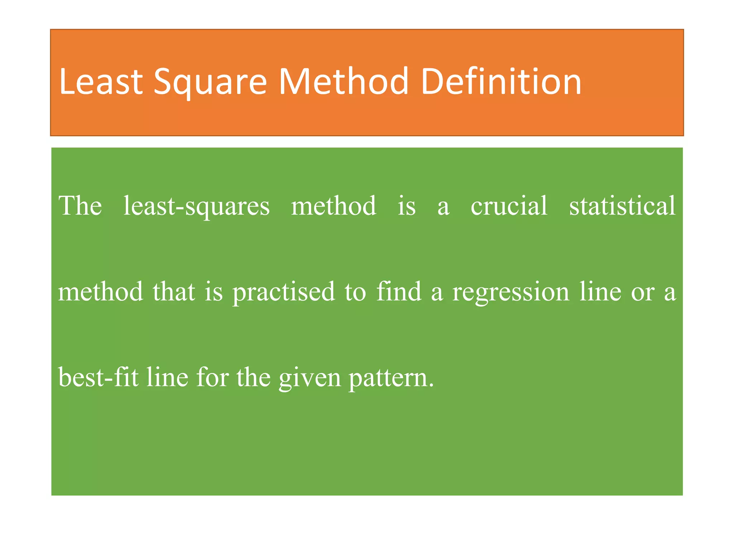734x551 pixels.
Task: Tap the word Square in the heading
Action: click(x=210, y=83)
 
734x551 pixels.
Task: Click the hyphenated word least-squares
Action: click(x=196, y=207)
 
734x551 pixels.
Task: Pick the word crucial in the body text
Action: click(x=509, y=206)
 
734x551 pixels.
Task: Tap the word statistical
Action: click(x=622, y=206)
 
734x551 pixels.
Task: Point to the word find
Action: click(x=399, y=291)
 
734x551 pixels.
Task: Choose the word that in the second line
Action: click(x=174, y=291)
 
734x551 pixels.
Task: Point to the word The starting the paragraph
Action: click(x=80, y=206)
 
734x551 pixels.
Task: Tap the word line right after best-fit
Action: click(x=167, y=377)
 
